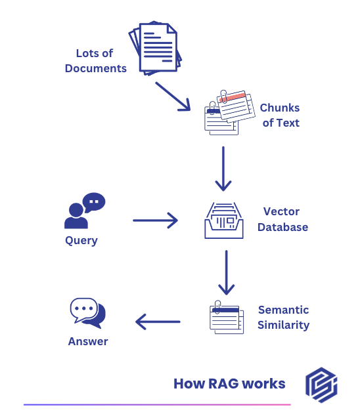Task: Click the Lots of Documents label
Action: tap(96, 60)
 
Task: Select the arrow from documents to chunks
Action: tap(173, 95)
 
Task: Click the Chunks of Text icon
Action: tap(227, 112)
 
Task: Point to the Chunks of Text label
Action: tap(280, 115)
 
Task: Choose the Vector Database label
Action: tap(282, 219)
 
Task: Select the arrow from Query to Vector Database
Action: tap(156, 220)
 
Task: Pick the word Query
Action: tap(81, 240)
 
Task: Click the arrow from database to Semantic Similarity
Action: tap(226, 272)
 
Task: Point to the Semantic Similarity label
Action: tap(283, 317)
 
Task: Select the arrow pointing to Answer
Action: tap(158, 322)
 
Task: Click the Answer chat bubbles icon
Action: tap(87, 313)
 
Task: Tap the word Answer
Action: tap(88, 341)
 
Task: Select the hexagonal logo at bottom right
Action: tap(321, 383)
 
